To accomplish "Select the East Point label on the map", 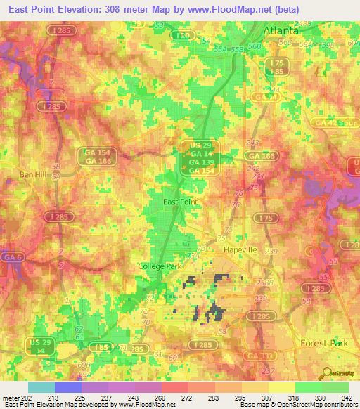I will pyautogui.click(x=180, y=202).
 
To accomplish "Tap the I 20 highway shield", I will pyautogui.click(x=184, y=35).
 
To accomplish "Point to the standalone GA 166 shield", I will pyautogui.click(x=264, y=155).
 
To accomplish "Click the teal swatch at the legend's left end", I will pyautogui.click(x=41, y=387).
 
